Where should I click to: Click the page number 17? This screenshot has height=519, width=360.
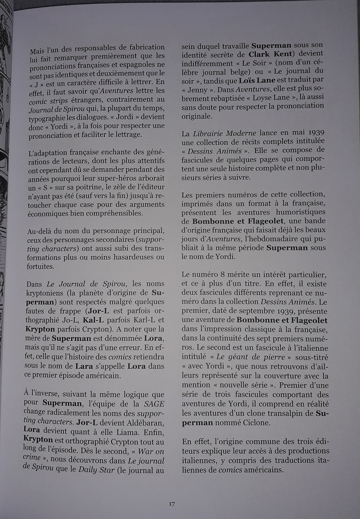172,504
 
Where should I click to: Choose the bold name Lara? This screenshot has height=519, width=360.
84,367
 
